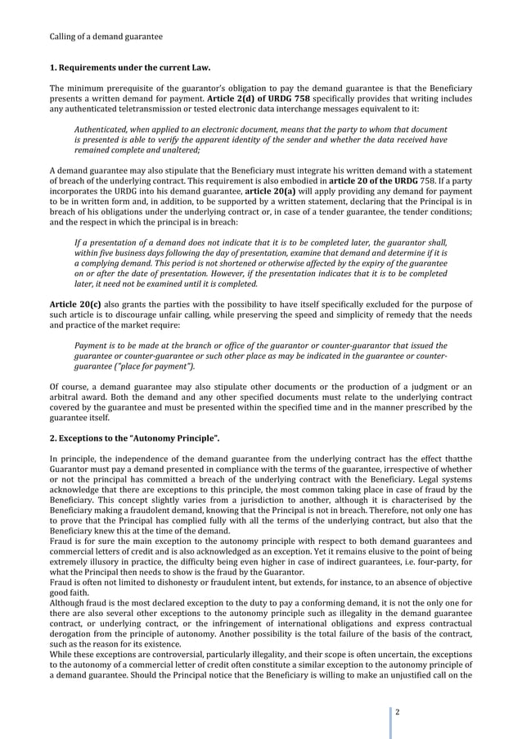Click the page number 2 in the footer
click(x=397, y=710)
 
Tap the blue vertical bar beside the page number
click(x=390, y=710)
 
